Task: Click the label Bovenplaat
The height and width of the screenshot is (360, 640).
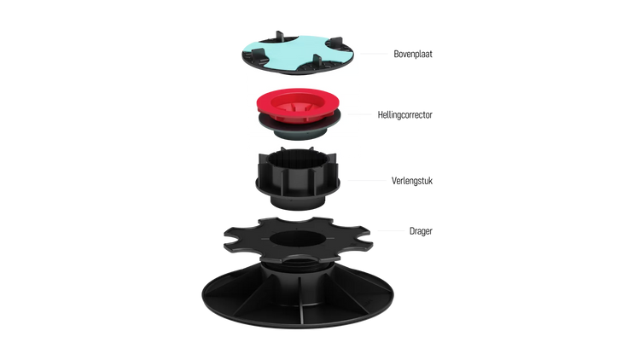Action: click(413, 54)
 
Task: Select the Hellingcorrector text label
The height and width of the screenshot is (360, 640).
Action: click(404, 114)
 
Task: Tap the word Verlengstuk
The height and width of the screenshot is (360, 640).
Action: click(412, 180)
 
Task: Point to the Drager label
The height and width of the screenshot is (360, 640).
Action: click(421, 231)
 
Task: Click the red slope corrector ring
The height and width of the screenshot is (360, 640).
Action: click(298, 105)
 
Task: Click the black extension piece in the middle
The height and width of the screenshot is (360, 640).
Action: click(298, 179)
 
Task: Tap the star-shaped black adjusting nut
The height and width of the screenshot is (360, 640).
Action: click(298, 240)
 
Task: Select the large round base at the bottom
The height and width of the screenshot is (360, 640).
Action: click(298, 303)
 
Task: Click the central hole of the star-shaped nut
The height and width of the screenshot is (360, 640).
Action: click(298, 239)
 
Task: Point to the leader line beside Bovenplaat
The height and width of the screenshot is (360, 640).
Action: click(374, 54)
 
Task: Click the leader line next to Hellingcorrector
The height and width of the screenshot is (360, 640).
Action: click(359, 114)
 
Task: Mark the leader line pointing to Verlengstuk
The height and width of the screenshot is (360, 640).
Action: click(366, 180)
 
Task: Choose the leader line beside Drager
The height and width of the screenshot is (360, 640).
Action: click(391, 230)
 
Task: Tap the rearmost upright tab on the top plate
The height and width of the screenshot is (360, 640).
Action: click(280, 36)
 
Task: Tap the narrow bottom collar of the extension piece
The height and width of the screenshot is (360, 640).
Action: click(298, 201)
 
